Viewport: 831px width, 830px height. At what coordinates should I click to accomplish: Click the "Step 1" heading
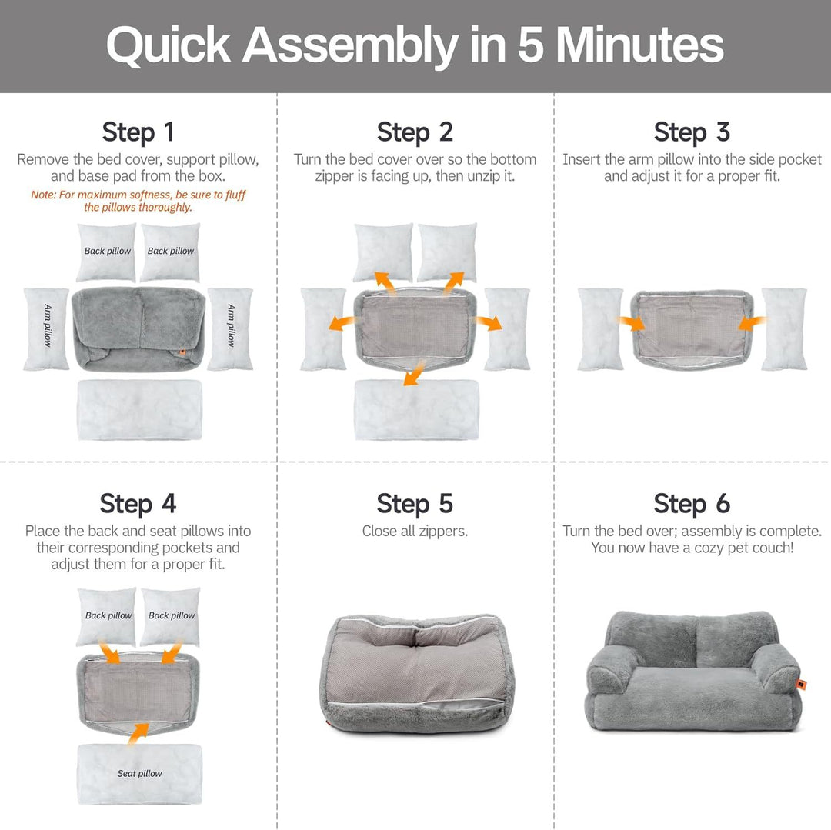138,132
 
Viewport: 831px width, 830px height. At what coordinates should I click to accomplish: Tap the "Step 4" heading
138,503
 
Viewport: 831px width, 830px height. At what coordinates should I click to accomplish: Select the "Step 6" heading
692,503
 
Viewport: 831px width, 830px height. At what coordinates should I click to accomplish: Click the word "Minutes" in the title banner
639,45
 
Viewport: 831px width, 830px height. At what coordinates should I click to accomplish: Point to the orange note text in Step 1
138,201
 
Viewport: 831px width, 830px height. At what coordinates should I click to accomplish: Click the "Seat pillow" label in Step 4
140,773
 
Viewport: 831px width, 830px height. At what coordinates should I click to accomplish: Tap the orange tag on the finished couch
801,685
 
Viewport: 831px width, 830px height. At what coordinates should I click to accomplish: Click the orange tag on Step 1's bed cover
182,352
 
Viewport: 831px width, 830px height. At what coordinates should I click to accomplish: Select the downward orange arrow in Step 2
414,372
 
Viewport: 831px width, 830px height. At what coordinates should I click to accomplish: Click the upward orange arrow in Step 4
138,733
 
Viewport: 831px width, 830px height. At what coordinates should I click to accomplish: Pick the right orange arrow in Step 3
752,322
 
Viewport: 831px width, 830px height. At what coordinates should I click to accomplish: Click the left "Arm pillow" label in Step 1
48,325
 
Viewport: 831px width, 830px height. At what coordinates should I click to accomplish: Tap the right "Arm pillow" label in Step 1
231,325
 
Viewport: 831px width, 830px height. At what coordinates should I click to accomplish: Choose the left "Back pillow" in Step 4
106,616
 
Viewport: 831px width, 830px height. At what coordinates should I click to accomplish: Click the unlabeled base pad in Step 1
140,409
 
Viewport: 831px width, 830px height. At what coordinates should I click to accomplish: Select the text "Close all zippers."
415,531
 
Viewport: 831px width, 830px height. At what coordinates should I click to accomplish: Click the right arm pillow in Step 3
784,329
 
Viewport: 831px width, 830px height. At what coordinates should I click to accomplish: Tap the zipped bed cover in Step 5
416,674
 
